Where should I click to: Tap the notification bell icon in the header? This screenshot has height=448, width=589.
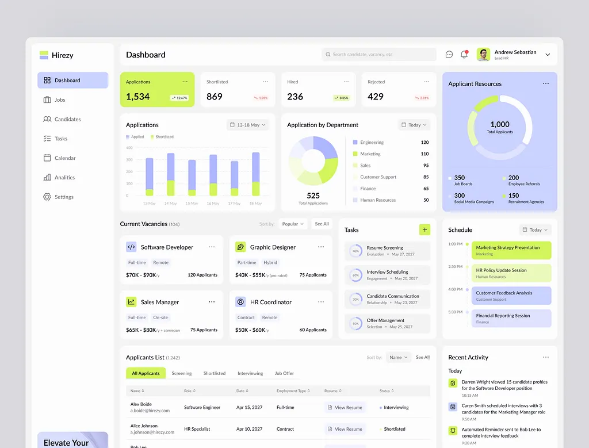(464, 55)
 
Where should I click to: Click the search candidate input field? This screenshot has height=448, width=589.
(379, 55)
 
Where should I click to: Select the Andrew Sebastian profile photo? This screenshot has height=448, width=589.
(483, 55)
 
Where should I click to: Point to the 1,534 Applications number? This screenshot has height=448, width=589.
(138, 97)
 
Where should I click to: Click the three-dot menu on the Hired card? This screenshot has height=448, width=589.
(346, 82)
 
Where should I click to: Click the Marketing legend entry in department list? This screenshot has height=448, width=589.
(370, 154)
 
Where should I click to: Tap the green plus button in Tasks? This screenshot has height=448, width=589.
(424, 229)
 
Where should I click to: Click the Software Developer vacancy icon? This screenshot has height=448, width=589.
(131, 247)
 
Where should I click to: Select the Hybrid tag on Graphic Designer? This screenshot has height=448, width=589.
(270, 263)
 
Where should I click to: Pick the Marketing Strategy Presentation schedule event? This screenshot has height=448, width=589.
(511, 250)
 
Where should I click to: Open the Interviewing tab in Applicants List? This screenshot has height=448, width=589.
(250, 373)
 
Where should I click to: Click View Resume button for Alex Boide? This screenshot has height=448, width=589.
(345, 408)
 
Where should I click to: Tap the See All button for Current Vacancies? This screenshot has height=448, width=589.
(322, 224)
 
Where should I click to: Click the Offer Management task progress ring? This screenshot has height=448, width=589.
(355, 324)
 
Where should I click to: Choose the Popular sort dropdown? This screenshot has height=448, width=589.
(293, 224)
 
